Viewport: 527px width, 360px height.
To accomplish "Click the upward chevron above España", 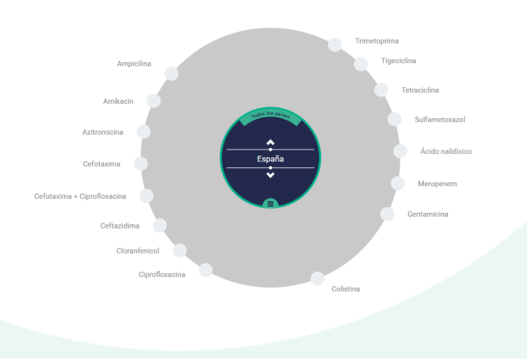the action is coord(270,142).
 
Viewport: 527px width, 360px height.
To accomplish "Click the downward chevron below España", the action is coord(270,175).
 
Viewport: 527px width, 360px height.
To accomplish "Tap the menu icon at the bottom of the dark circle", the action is coord(270,204).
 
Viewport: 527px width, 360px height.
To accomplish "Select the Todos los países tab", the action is coord(270,116).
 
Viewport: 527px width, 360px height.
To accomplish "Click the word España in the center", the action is coord(270,159).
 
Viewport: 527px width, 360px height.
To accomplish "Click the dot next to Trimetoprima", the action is coord(335,45).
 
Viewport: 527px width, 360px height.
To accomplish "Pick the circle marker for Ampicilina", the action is coord(171,74).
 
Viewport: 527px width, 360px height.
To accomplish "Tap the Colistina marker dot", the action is coord(318,279).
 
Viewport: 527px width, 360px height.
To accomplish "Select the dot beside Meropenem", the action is coord(397,183).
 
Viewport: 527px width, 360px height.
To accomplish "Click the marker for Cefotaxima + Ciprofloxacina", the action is coord(146,195).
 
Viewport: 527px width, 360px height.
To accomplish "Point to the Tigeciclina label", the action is coord(398,61).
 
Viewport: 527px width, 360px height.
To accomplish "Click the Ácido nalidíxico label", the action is coord(446,151).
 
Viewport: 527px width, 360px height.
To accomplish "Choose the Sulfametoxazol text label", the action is coord(440,120).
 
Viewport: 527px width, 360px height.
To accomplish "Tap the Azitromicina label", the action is coord(102,132).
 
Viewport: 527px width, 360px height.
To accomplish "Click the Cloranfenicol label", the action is coord(137,251).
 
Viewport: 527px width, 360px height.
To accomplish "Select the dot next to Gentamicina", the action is coord(387,214).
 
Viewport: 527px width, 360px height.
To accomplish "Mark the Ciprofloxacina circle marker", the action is coord(205,270).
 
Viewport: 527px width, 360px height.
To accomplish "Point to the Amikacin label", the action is coord(118,101).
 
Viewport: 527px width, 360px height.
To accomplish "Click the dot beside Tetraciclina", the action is coord(382,90).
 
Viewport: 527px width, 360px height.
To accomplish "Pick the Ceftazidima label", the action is coord(120,226).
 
